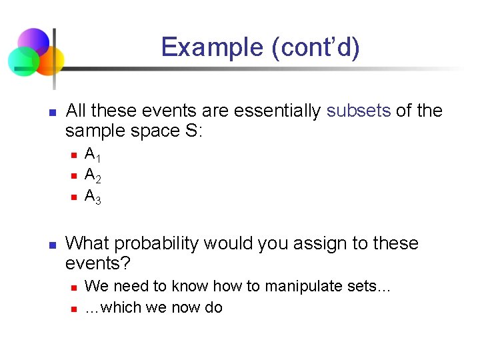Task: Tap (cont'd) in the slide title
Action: [313, 48]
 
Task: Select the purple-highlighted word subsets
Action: [359, 111]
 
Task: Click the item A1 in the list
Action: [93, 155]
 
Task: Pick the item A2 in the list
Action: [93, 176]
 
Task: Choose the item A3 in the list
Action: [93, 197]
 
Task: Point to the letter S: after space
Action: [194, 131]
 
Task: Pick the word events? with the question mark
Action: [97, 264]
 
